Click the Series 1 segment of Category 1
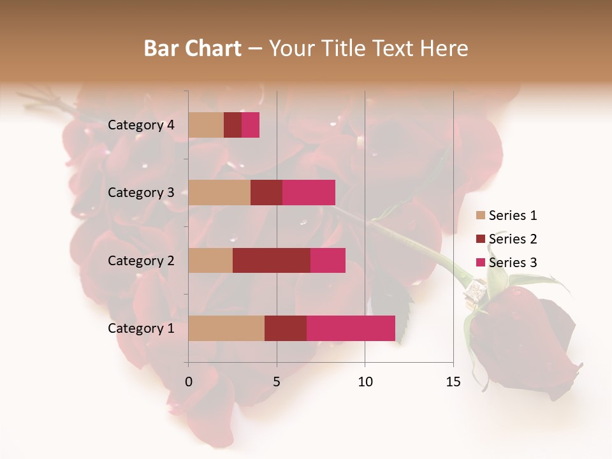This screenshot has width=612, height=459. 226,328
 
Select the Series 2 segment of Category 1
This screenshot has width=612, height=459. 286,328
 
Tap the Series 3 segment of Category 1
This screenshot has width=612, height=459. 351,328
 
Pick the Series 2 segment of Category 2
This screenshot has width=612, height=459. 272,260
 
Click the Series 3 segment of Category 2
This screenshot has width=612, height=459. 328,260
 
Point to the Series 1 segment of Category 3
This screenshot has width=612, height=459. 219,193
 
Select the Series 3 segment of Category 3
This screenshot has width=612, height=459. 309,193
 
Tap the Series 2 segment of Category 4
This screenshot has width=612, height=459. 233,125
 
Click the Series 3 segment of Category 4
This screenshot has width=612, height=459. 251,125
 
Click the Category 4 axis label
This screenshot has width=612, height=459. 141,125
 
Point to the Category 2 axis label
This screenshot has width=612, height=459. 141,260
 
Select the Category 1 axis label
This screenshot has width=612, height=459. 141,328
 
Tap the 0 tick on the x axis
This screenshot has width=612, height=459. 189,382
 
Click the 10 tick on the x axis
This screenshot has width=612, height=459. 365,382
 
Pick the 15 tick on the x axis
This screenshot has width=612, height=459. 453,382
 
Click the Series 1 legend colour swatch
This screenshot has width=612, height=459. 481,215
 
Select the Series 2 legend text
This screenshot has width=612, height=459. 513,239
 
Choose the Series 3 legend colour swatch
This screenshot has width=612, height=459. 481,263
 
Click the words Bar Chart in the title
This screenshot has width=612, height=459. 193,48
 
